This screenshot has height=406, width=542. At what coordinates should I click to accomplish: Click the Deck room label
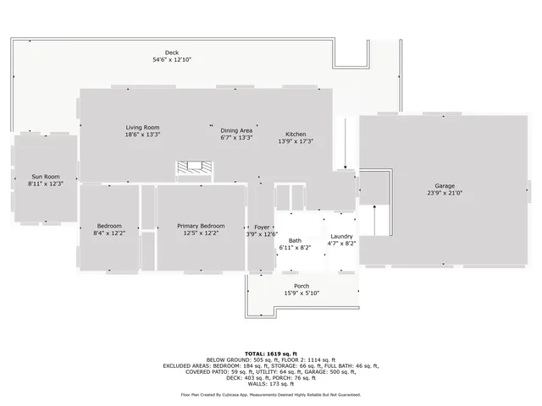point(172,52)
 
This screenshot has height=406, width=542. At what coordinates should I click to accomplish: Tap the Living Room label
point(142,127)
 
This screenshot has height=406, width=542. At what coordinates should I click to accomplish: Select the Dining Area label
point(236,129)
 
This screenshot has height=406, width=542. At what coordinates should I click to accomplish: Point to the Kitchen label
point(296,134)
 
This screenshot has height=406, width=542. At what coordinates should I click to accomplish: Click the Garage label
point(445,185)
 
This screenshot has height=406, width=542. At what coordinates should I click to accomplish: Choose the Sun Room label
point(45,176)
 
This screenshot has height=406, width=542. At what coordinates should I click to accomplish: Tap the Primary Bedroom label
point(201,226)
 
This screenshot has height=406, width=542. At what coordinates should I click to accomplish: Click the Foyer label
point(262,227)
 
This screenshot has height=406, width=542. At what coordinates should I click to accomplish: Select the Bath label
point(295,240)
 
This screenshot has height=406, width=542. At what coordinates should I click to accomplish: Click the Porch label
point(301,286)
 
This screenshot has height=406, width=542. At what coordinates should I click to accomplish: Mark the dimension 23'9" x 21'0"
point(445,193)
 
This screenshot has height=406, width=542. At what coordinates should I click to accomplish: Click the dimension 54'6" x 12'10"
point(172,60)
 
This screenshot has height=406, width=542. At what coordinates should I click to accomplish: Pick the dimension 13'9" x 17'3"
point(296,141)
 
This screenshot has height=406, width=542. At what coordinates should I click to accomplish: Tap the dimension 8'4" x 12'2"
point(109,233)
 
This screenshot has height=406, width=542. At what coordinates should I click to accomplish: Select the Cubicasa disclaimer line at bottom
point(270,394)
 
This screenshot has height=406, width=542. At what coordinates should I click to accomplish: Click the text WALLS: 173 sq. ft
point(270,384)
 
